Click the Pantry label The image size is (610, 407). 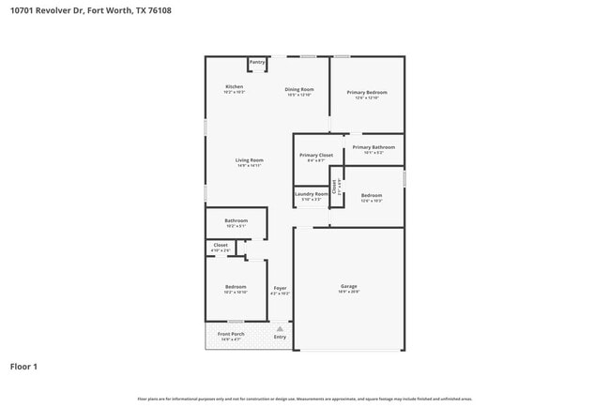click(257, 62)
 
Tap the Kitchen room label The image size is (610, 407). click(234, 86)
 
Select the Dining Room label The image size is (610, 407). click(299, 90)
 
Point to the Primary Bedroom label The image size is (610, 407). click(367, 92)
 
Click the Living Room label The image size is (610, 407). click(249, 160)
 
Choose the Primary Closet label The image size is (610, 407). click(316, 155)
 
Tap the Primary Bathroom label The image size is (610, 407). click(374, 147)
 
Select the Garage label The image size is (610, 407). click(348, 286)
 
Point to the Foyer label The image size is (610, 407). click(280, 287)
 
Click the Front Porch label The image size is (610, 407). click(231, 334)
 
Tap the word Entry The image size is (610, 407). click(280, 337)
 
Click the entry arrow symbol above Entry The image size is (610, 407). click(280, 328)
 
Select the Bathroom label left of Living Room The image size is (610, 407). click(236, 220)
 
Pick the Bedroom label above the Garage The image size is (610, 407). click(372, 195)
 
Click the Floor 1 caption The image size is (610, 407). click(23, 367)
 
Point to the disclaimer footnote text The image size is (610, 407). click(305, 399)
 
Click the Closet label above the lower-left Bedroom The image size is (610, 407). click(221, 245)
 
